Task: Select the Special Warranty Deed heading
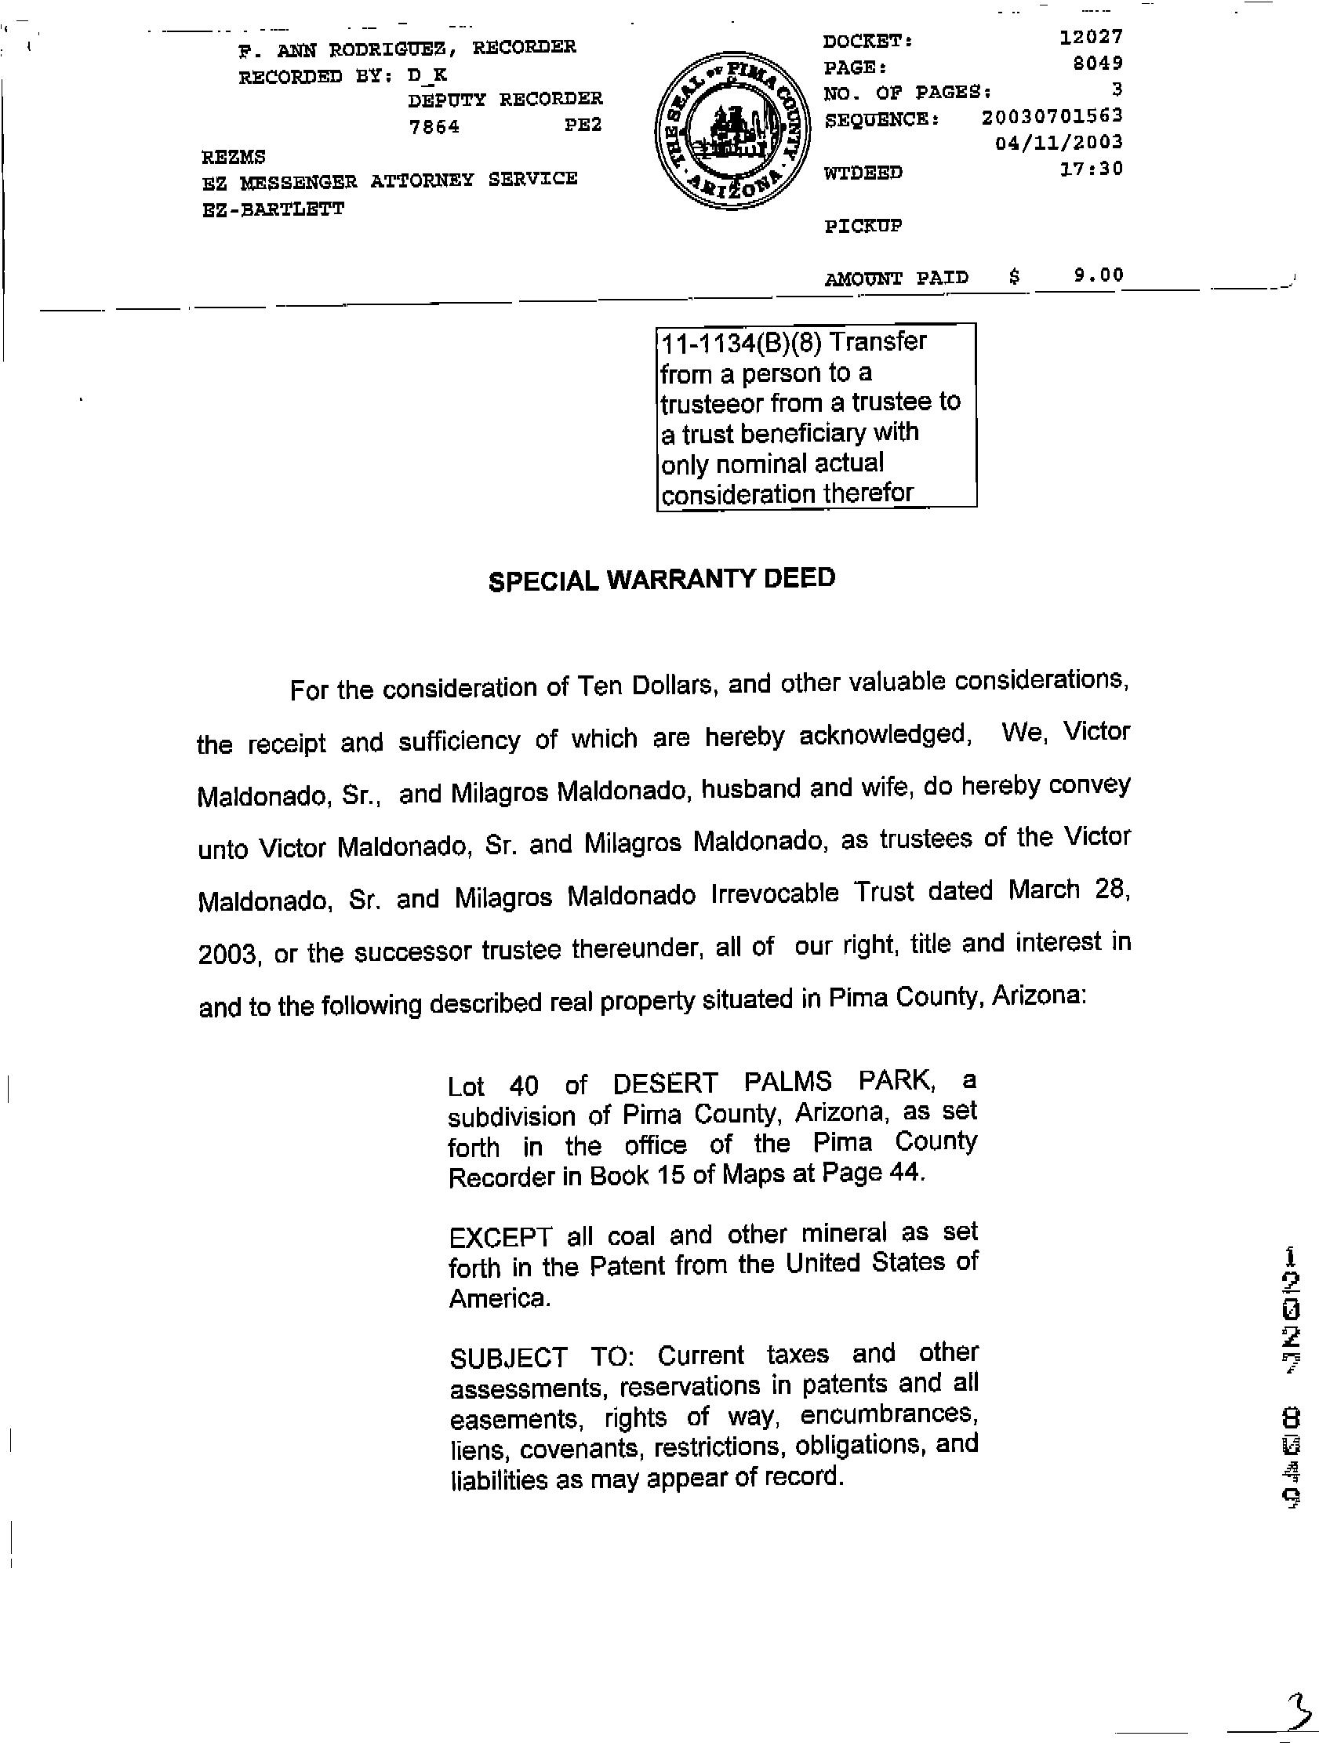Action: [x=661, y=580]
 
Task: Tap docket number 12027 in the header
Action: [x=1091, y=37]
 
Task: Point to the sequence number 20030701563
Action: [x=1052, y=117]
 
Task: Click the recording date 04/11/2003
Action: [x=1059, y=143]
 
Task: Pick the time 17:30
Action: [x=1092, y=169]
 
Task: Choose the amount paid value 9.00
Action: [x=1098, y=275]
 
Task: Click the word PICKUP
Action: [x=863, y=227]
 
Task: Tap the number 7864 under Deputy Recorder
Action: [x=434, y=127]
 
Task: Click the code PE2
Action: [x=583, y=126]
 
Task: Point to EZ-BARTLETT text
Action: [x=273, y=210]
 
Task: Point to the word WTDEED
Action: [x=863, y=173]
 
